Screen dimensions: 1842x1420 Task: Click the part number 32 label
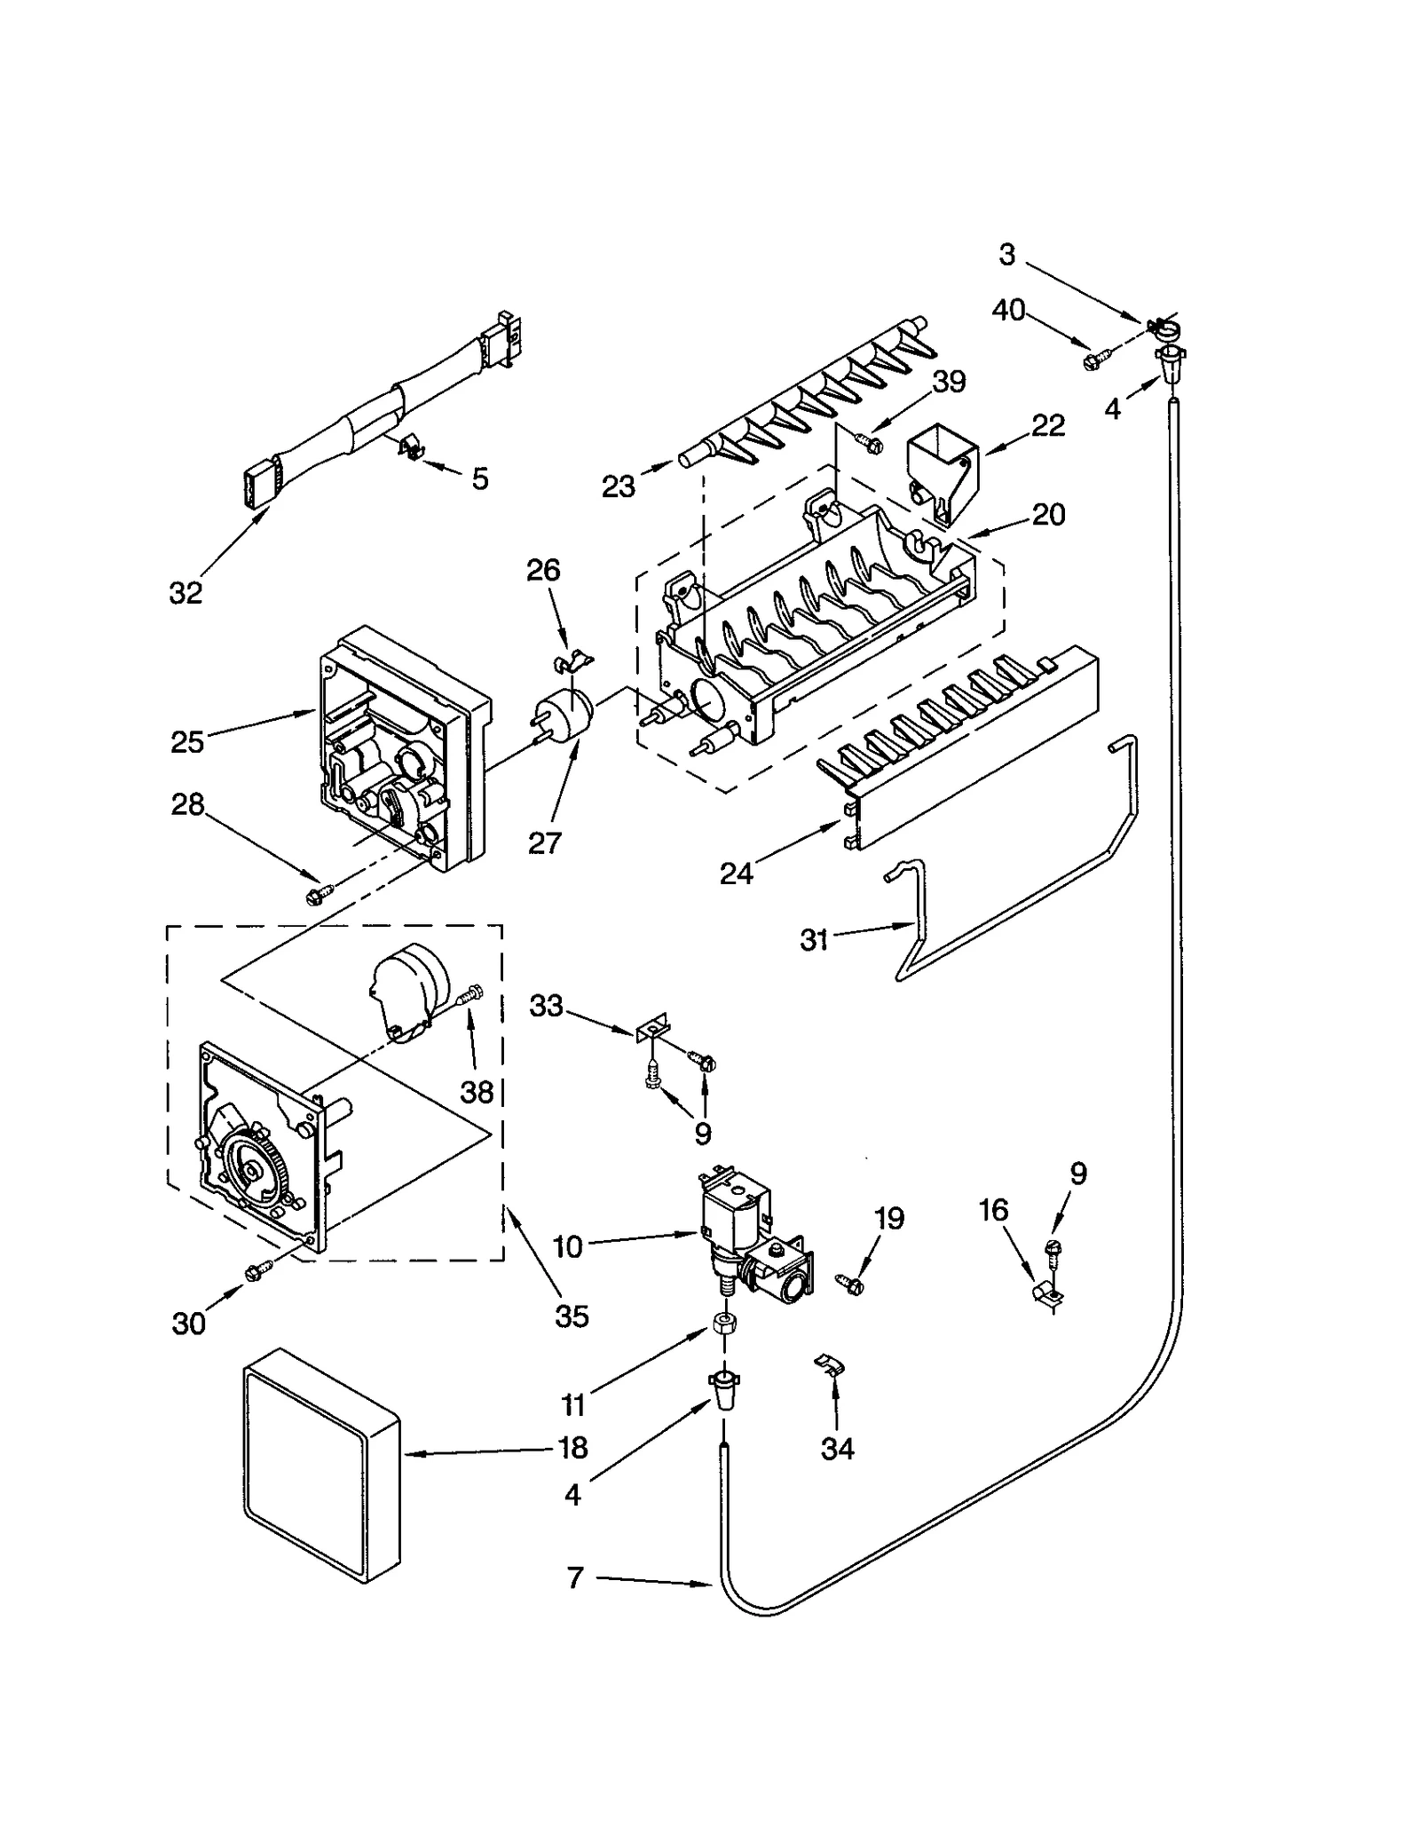click(x=185, y=592)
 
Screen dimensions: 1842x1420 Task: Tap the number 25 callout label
click(x=187, y=741)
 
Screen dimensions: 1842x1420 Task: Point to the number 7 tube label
click(x=575, y=1577)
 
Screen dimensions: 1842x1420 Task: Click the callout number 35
click(x=572, y=1316)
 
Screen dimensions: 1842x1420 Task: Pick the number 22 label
click(x=1047, y=425)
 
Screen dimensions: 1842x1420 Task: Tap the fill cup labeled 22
click(x=941, y=475)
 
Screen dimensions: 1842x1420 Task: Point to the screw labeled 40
click(x=1092, y=360)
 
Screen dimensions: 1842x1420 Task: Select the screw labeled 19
click(x=850, y=1282)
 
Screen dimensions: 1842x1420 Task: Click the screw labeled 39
click(x=870, y=441)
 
